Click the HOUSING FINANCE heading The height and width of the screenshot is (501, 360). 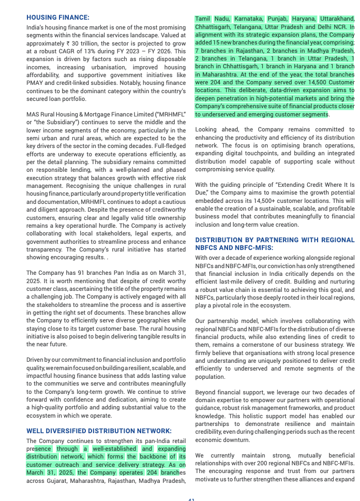58,17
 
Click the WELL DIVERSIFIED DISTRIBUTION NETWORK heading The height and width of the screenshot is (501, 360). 99,431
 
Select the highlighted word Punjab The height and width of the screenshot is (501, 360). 277,19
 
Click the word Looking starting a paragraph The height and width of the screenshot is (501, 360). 207,129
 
